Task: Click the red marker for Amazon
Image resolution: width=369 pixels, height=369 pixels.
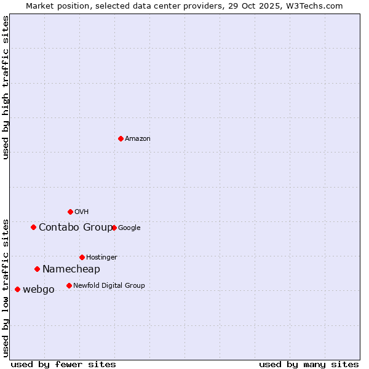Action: point(121,138)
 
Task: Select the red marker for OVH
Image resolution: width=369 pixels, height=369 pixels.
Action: point(70,212)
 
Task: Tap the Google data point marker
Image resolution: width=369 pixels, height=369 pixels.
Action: point(114,228)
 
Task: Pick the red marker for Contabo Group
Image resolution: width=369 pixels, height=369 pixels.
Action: point(33,227)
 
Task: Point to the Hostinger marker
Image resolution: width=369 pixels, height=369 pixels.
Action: point(82,257)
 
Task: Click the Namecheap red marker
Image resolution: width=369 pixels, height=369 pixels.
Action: point(37,269)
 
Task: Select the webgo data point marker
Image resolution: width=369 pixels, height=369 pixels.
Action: point(17,289)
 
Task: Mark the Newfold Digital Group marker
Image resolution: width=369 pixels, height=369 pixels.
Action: point(69,285)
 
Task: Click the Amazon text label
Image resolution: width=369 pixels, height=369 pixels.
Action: point(138,139)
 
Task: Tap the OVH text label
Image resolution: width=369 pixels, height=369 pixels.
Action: point(82,212)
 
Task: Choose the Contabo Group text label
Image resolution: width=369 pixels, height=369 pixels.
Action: point(76,228)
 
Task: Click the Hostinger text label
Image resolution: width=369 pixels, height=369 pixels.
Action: point(101,257)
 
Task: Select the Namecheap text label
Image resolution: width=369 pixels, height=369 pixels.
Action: point(71,269)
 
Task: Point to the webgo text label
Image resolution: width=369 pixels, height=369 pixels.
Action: point(39,290)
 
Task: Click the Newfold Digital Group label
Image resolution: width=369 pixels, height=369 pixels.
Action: point(109,285)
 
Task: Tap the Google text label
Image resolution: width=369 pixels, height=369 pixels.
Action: point(129,228)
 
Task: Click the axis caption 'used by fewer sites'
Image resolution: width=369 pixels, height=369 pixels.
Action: point(63,364)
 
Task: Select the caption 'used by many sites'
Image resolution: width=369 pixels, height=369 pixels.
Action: point(309,364)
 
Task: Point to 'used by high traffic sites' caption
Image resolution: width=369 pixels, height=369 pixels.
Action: point(6,87)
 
